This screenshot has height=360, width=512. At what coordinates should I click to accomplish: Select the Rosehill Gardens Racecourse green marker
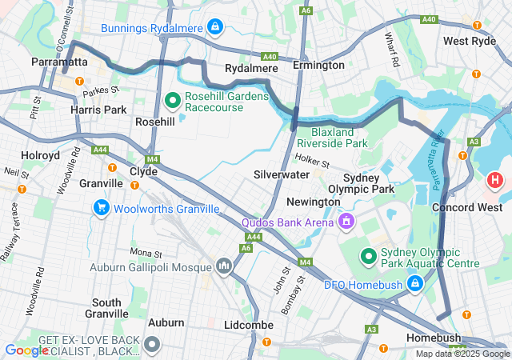coord(171,100)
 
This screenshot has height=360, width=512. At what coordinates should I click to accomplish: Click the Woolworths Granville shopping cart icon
coord(101,209)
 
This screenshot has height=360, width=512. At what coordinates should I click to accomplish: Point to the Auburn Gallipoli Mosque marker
coord(223,265)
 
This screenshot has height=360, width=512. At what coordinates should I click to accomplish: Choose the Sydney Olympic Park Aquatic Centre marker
coord(368,256)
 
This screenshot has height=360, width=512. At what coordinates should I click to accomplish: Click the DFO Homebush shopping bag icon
coord(414,283)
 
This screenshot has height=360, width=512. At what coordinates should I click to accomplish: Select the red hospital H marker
coord(495,180)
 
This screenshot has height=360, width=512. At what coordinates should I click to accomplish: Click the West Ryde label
coord(470,41)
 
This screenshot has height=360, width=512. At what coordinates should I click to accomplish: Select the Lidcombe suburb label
coord(249,325)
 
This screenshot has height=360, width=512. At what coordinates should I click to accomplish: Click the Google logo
coord(26,350)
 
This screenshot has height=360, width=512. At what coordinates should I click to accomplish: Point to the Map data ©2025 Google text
coord(461,354)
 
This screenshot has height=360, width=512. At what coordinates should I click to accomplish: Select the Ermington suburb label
coord(318,65)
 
